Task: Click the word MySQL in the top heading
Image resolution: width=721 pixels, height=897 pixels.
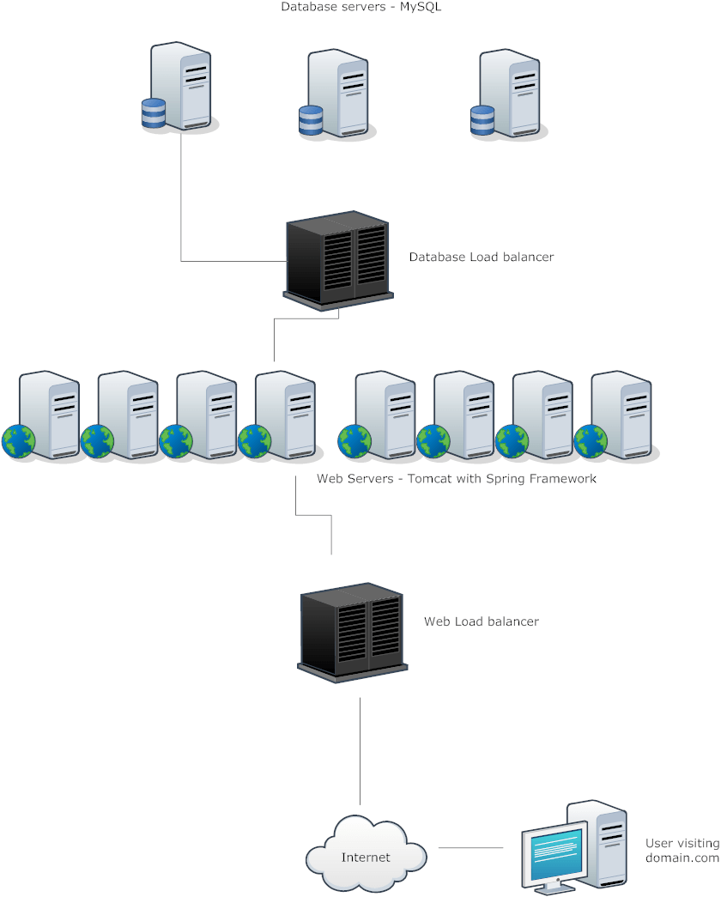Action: point(421,7)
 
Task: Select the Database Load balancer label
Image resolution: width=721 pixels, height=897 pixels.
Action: point(481,257)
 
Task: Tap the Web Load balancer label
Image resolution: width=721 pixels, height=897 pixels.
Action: point(481,621)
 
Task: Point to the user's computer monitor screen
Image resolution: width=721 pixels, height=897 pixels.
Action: point(557,853)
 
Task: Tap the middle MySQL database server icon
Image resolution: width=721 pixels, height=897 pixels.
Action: point(336,93)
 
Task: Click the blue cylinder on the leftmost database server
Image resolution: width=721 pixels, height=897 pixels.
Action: point(154,114)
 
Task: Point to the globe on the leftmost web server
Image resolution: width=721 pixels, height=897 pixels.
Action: point(18,441)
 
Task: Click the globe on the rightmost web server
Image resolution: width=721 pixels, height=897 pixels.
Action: point(591,441)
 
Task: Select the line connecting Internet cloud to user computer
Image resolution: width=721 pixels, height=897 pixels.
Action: point(471,848)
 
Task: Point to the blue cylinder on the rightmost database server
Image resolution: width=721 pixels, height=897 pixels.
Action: point(483,121)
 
